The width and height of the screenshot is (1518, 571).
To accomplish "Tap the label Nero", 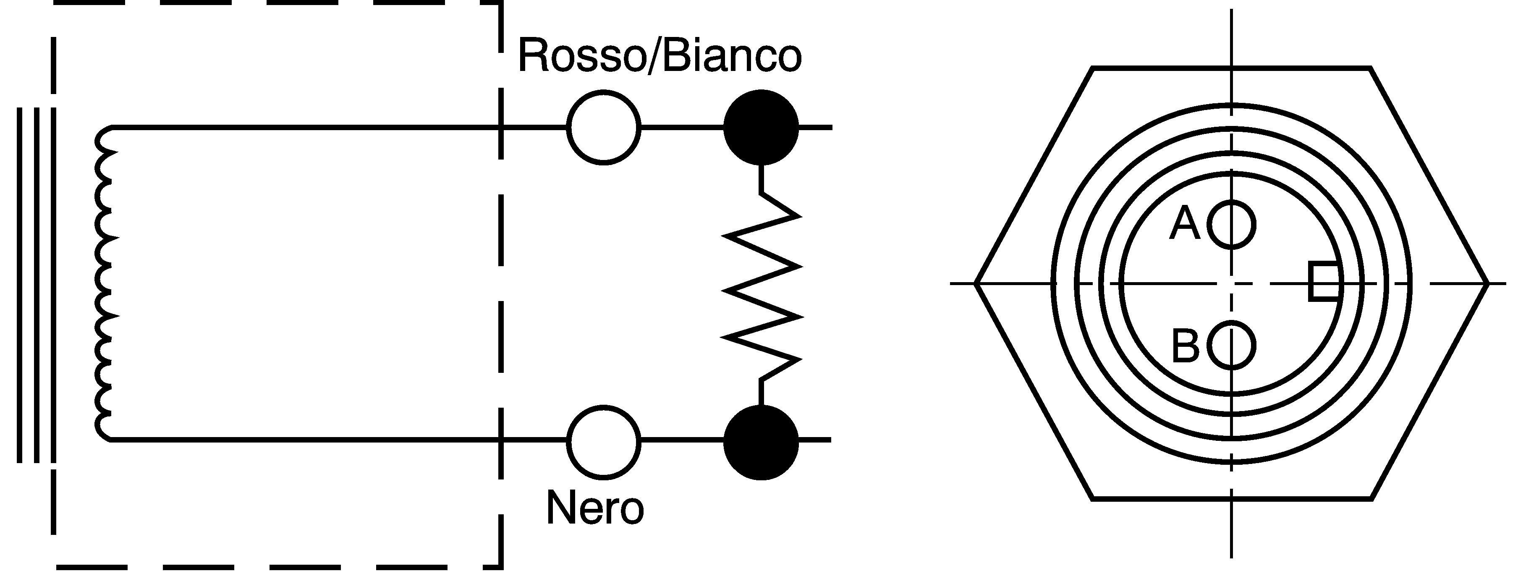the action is pyautogui.click(x=595, y=507).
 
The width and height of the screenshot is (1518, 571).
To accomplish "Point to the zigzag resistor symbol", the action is pyautogui.click(x=762, y=284).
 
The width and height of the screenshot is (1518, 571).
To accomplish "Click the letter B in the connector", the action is pyautogui.click(x=1185, y=346).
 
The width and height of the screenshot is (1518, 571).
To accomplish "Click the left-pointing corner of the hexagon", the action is pyautogui.click(x=975, y=283).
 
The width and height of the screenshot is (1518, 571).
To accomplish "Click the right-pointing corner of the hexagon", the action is pyautogui.click(x=1488, y=283).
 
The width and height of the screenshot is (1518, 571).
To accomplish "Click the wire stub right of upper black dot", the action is pyautogui.click(x=816, y=127).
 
